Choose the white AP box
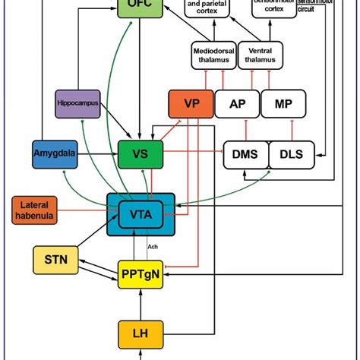tap(236, 105)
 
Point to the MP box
tap(282, 105)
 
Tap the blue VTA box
tap(141, 215)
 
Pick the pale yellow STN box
tap(55, 260)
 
